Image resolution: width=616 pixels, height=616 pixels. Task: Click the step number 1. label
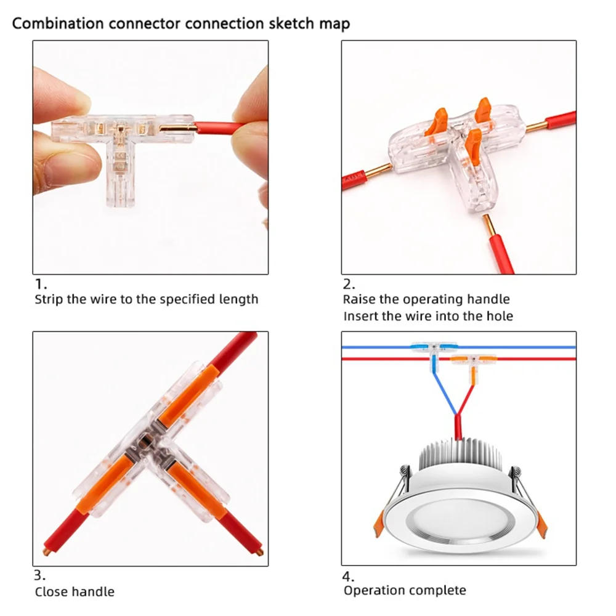40,285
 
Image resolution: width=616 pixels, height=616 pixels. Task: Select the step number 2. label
349,285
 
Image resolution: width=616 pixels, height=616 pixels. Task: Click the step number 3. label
40,576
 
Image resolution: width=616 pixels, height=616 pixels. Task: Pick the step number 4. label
349,576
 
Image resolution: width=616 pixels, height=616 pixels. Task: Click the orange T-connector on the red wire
471,361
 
